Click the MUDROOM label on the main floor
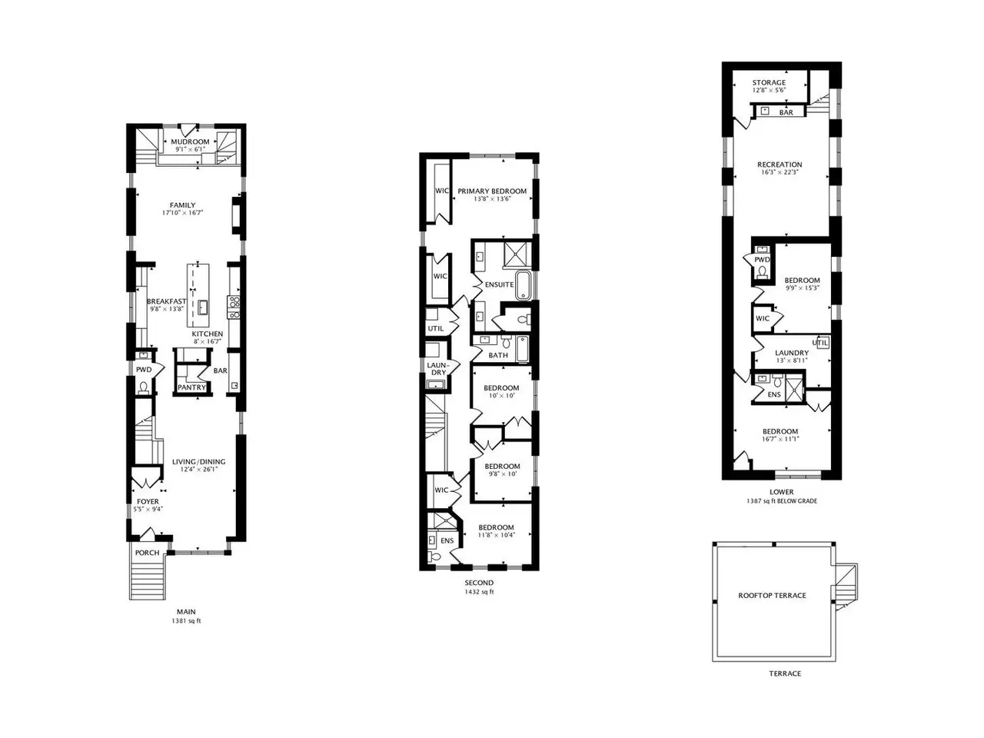pos(190,141)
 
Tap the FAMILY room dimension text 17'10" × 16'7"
pos(182,213)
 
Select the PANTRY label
pos(192,387)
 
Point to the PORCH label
pos(148,553)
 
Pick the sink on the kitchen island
pos(203,307)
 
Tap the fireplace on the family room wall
pos(236,216)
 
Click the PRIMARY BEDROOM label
pos(492,191)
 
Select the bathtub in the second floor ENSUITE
pos(524,285)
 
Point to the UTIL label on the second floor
pos(436,328)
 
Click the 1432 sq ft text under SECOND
pos(479,592)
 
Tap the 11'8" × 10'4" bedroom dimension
pos(496,535)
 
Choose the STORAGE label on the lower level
pos(769,82)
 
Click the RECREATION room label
pos(780,165)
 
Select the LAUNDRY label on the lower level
pos(792,353)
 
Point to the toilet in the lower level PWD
pos(761,272)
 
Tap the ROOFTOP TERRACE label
pos(773,596)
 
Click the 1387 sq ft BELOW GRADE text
pos(782,501)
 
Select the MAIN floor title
pos(186,612)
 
